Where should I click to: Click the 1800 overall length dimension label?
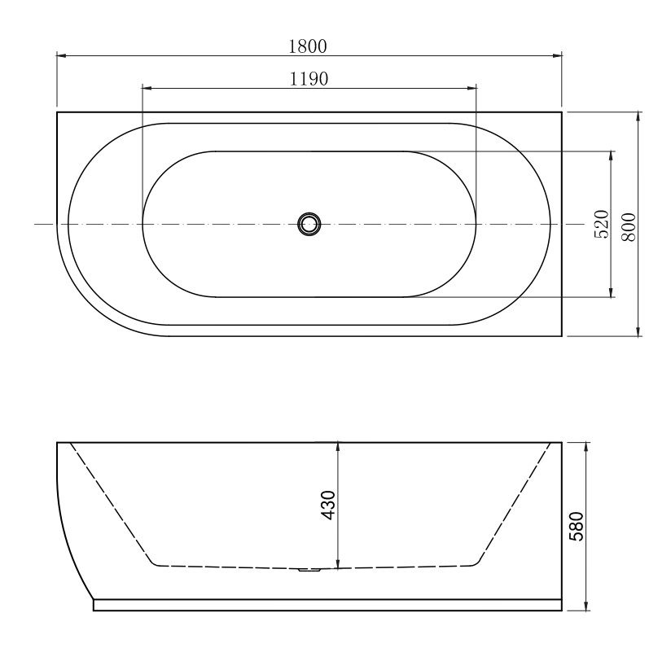click(308, 46)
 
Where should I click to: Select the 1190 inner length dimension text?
click(308, 78)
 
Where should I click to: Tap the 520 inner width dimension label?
click(602, 224)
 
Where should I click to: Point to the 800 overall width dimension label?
click(628, 224)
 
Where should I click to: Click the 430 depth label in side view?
click(328, 506)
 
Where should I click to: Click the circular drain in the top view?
click(309, 224)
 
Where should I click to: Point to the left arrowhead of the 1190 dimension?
click(147, 87)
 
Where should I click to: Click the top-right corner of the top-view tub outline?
click(562, 112)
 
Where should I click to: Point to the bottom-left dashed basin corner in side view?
click(152, 563)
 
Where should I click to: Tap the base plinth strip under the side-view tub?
click(326, 605)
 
